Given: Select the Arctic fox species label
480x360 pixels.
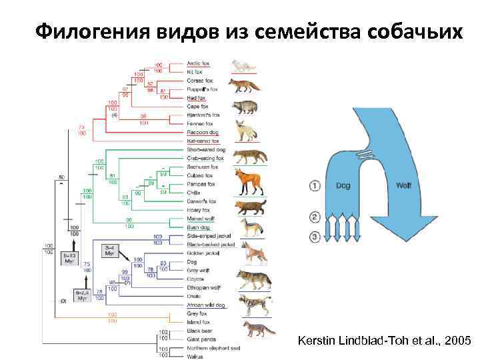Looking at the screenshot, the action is [197, 63].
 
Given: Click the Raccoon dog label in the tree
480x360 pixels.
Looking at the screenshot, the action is [203, 132].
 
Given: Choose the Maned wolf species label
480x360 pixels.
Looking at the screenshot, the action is [201, 219].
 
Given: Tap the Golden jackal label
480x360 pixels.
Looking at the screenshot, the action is [202, 253].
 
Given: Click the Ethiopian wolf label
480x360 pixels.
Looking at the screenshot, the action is [203, 288].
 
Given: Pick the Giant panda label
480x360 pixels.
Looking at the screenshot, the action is [201, 339].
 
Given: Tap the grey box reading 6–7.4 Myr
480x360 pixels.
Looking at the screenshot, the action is [81, 293].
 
